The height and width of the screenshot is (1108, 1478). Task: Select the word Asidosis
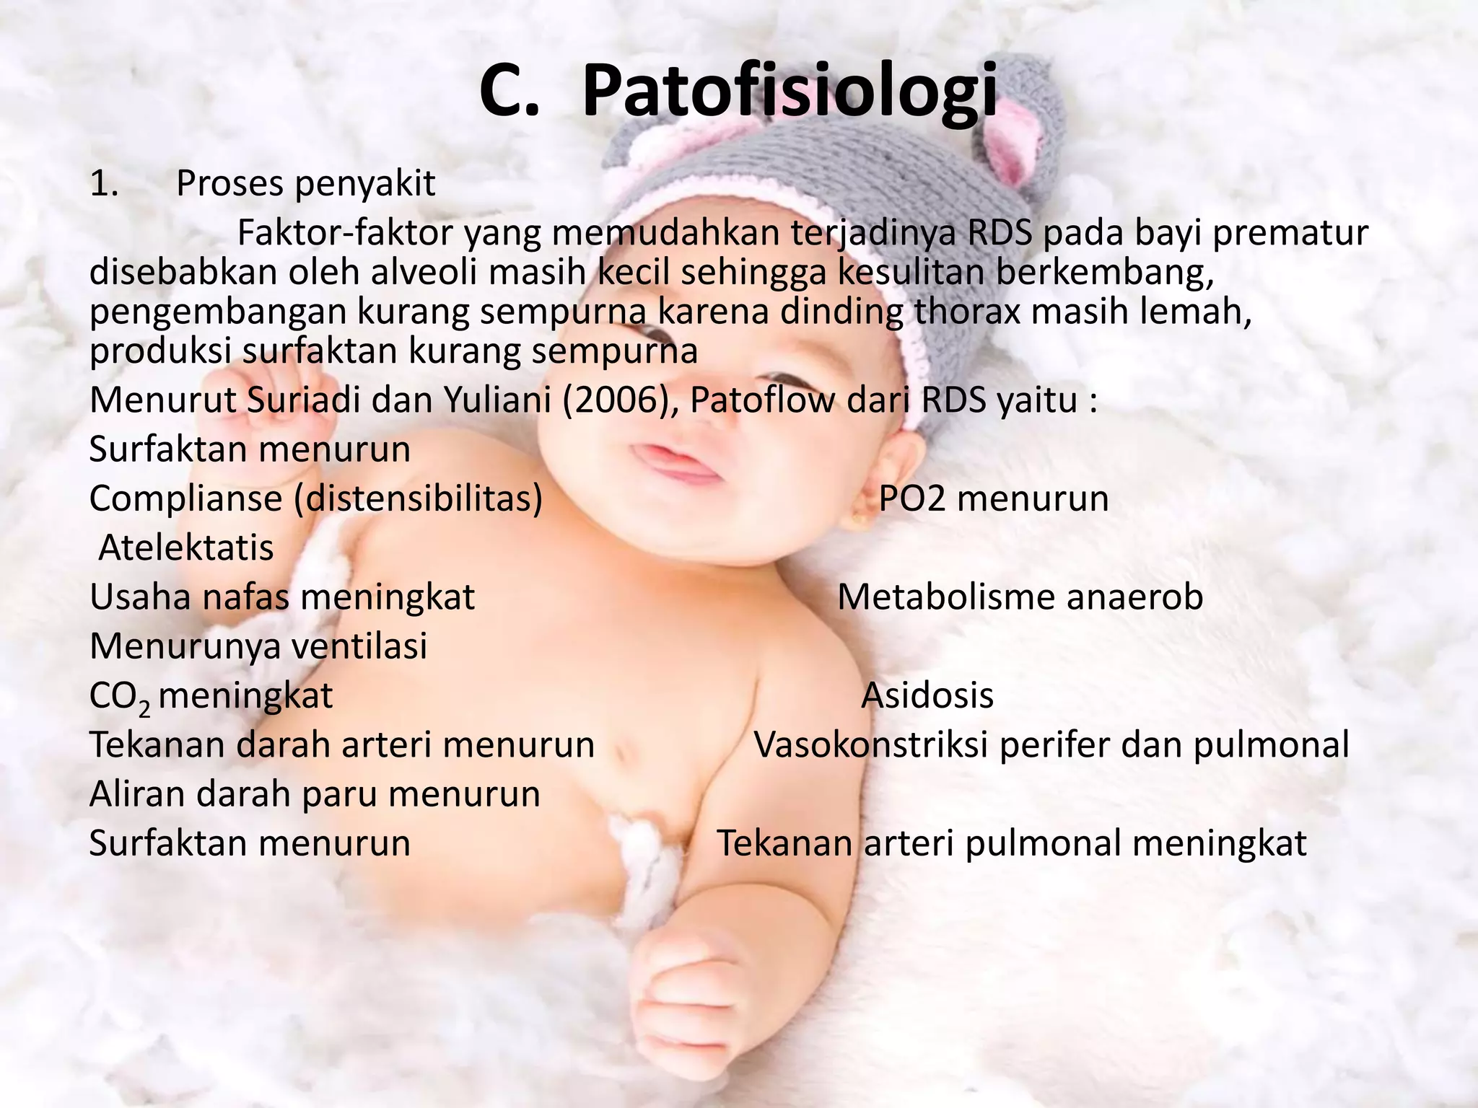tap(927, 696)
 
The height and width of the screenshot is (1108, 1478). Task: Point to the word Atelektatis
tap(186, 548)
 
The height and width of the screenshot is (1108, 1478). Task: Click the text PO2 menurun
tap(993, 498)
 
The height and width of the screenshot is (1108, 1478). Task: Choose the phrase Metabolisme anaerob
tap(1020, 597)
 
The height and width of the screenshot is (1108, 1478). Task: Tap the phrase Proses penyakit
tap(305, 184)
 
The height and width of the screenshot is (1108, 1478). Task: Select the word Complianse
tap(185, 499)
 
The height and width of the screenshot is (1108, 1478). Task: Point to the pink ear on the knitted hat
tap(1026, 144)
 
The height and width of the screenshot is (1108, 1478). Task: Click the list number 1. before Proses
tap(104, 184)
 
